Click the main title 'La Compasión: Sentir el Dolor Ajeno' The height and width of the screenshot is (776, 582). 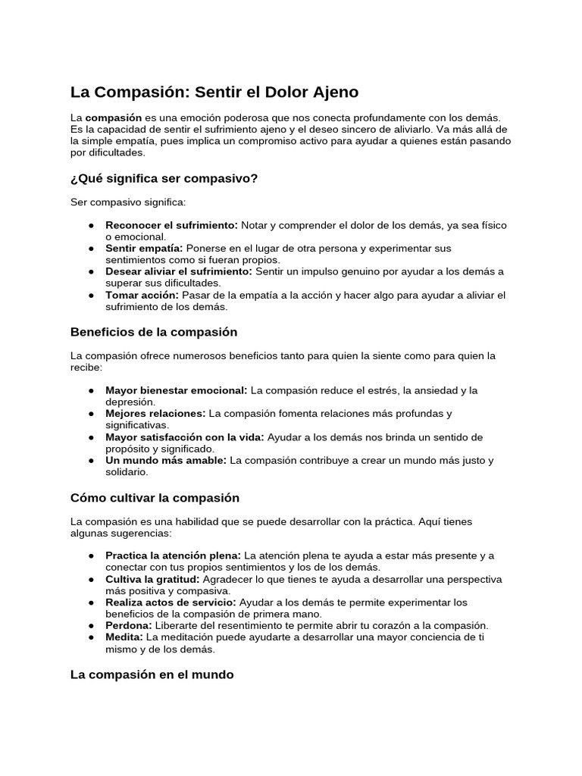pos(214,92)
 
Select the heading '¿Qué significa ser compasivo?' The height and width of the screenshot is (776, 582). pos(164,178)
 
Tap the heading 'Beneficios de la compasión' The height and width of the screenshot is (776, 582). pos(154,332)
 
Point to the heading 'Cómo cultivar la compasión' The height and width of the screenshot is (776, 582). pos(155,498)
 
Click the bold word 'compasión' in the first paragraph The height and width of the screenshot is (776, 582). pos(114,118)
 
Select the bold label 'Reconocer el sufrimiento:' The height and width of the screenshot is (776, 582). pos(171,225)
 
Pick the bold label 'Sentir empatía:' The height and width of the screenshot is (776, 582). pos(144,249)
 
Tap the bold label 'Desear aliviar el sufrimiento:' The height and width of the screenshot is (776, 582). pos(179,271)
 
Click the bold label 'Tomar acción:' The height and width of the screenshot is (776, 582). pos(142,295)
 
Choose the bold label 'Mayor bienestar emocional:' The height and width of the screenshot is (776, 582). pos(177,390)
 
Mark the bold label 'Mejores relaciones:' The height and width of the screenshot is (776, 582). pos(155,414)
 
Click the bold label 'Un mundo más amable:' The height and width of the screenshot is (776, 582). pos(166,460)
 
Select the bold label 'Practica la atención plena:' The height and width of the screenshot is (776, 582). pos(174,555)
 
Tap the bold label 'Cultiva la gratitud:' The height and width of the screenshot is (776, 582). pos(152,579)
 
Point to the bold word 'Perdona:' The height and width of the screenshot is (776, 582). pos(129,625)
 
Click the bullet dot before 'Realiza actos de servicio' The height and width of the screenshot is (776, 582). pos(91,602)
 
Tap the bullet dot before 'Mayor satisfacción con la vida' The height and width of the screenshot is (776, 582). pos(91,437)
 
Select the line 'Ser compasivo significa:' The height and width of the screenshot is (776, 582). pos(127,202)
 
